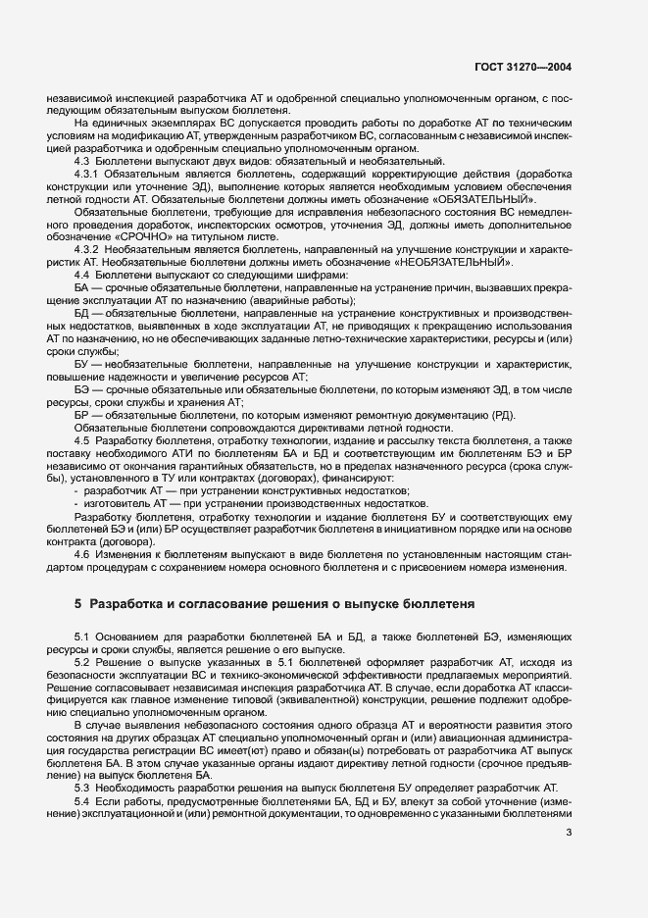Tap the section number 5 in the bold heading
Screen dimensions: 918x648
click(79, 605)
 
